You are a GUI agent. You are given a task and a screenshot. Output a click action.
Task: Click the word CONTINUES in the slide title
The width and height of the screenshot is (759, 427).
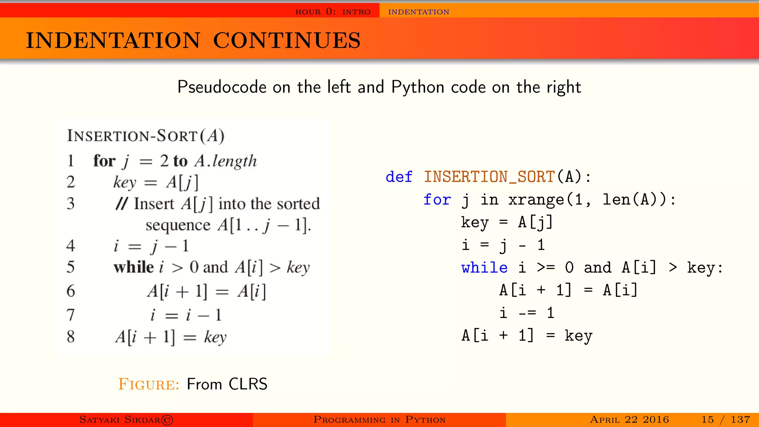click(x=286, y=40)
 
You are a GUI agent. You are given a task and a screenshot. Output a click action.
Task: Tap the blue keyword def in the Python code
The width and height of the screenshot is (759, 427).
click(x=399, y=177)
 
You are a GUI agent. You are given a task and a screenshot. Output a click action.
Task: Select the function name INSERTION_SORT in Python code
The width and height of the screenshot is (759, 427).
click(x=489, y=177)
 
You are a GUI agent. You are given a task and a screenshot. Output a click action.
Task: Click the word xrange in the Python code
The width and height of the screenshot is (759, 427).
click(x=536, y=200)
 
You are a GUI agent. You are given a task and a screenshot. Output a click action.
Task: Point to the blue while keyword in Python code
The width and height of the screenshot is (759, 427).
click(x=484, y=268)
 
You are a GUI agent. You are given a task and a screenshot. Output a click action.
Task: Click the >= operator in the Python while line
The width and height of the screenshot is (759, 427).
click(x=546, y=268)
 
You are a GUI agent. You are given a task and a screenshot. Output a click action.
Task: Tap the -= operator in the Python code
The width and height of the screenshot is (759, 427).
click(x=527, y=313)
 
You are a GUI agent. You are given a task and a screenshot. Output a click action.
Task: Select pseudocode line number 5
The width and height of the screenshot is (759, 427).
click(x=71, y=267)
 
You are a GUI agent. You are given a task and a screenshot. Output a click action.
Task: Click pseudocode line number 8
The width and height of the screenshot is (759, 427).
click(x=71, y=337)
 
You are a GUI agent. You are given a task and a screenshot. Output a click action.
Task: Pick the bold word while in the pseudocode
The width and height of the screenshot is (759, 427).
click(x=133, y=267)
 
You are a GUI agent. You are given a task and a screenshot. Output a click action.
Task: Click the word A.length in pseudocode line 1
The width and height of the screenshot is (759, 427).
click(x=226, y=161)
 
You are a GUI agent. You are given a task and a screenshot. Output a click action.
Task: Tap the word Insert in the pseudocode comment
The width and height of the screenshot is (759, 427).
click(x=154, y=204)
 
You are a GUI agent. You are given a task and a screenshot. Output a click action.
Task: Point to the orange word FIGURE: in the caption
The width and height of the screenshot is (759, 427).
click(x=149, y=384)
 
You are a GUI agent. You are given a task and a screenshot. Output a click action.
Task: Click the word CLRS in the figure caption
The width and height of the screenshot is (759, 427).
click(x=248, y=384)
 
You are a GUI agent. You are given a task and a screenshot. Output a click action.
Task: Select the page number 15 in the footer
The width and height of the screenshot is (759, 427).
click(x=707, y=420)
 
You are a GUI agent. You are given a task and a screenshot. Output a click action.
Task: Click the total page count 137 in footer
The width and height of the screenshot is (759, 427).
click(x=740, y=420)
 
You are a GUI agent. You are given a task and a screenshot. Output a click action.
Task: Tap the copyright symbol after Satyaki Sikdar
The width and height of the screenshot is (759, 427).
click(x=168, y=420)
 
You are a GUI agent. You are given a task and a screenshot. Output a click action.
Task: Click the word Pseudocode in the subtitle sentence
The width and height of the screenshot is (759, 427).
click(x=222, y=87)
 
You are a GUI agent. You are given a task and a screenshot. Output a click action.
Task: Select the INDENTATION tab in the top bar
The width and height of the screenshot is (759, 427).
click(x=418, y=12)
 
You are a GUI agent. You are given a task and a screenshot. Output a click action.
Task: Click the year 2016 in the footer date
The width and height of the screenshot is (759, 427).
click(x=656, y=420)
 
